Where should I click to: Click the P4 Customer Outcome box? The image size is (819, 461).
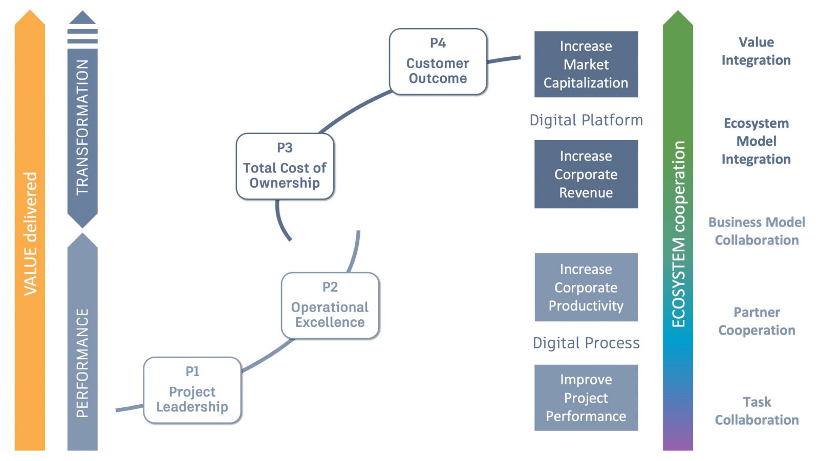tap(438, 62)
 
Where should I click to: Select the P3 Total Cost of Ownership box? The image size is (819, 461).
tap(285, 166)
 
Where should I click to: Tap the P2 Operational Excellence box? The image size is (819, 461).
tap(330, 305)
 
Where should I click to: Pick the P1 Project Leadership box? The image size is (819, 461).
tap(192, 390)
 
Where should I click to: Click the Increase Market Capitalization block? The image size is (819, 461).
tap(586, 64)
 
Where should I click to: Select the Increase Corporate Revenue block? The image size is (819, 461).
tap(586, 174)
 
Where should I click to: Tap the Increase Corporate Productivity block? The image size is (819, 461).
tap(586, 287)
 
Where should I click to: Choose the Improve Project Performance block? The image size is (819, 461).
tap(586, 398)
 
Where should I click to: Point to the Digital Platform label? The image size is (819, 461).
tap(586, 120)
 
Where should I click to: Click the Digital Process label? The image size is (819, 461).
tap(586, 343)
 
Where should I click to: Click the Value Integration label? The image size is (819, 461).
tap(756, 51)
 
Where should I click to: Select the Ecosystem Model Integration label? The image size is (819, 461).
tap(756, 141)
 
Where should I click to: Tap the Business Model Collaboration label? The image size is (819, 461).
tap(757, 231)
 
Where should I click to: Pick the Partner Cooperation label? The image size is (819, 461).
tap(757, 321)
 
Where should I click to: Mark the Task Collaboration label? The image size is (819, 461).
tap(757, 411)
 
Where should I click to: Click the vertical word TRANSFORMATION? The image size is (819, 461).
tap(82, 127)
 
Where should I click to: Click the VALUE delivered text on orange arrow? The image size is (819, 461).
tap(30, 233)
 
